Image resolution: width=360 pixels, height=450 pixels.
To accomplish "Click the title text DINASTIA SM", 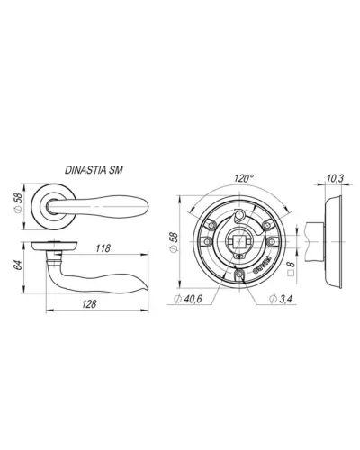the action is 94,170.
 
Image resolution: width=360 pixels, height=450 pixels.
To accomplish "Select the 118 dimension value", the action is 103,248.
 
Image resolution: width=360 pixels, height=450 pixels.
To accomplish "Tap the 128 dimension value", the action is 89,304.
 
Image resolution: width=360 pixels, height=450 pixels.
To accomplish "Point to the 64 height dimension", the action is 18,265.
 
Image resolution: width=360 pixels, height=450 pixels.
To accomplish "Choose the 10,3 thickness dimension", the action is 335,179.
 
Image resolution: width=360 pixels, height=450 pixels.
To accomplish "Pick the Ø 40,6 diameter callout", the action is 188,299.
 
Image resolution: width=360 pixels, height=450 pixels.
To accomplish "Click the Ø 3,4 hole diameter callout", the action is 280,299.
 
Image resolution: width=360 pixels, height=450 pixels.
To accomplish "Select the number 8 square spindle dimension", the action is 290,264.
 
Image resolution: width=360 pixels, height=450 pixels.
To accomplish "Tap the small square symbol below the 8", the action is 290,273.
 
